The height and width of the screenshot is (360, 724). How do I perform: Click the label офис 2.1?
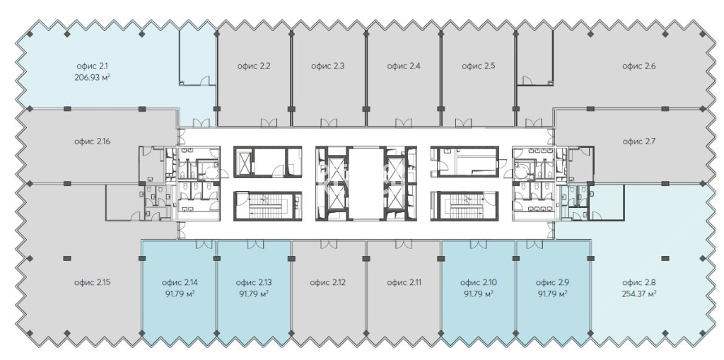tap(93, 66)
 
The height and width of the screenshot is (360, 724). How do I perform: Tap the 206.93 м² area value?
tap(93, 77)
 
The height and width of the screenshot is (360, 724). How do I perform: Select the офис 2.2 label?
tap(254, 66)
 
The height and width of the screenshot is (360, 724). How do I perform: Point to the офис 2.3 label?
tap(327, 66)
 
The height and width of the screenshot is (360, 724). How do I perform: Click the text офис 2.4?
tap(404, 66)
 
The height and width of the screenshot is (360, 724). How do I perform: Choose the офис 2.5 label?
tap(479, 66)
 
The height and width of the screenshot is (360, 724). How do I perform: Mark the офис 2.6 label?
tap(639, 66)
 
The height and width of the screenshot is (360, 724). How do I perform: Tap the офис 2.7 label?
tap(639, 141)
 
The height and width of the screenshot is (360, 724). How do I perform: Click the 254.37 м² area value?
tap(639, 294)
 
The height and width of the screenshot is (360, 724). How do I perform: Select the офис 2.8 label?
tap(639, 282)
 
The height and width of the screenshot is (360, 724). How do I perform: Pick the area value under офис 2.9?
tap(553, 294)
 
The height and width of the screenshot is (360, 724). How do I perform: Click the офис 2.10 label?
tap(479, 282)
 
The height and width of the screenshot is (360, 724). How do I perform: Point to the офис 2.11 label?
tap(404, 282)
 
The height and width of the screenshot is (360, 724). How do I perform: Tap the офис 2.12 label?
tap(327, 282)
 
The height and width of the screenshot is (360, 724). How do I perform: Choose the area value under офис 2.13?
tap(254, 294)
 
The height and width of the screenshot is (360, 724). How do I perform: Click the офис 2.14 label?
tap(180, 282)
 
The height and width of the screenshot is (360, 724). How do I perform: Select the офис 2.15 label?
tap(93, 282)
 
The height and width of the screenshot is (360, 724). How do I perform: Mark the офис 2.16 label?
tap(93, 141)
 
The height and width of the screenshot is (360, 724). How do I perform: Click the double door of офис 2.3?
tap(328, 122)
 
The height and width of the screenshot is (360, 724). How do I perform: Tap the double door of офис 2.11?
tap(403, 244)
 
